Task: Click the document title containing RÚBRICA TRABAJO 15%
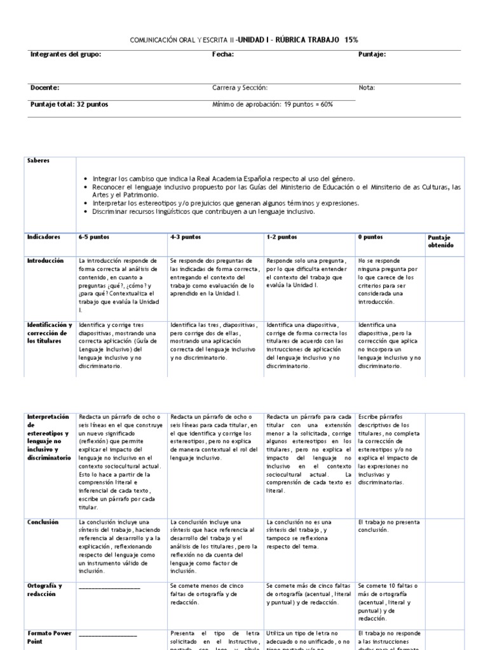coord(244,39)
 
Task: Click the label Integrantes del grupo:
coord(65,55)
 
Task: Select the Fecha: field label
coord(222,55)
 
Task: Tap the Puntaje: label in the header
coord(372,55)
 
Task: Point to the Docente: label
coord(44,88)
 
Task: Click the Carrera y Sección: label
coord(240,88)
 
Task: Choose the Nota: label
coord(367,88)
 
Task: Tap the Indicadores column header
coord(43,237)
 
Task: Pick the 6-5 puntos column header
coord(94,237)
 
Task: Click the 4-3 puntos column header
coord(186,237)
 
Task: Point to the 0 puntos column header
coord(370,237)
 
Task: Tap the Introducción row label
coord(46,260)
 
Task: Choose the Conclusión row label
coord(43,522)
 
